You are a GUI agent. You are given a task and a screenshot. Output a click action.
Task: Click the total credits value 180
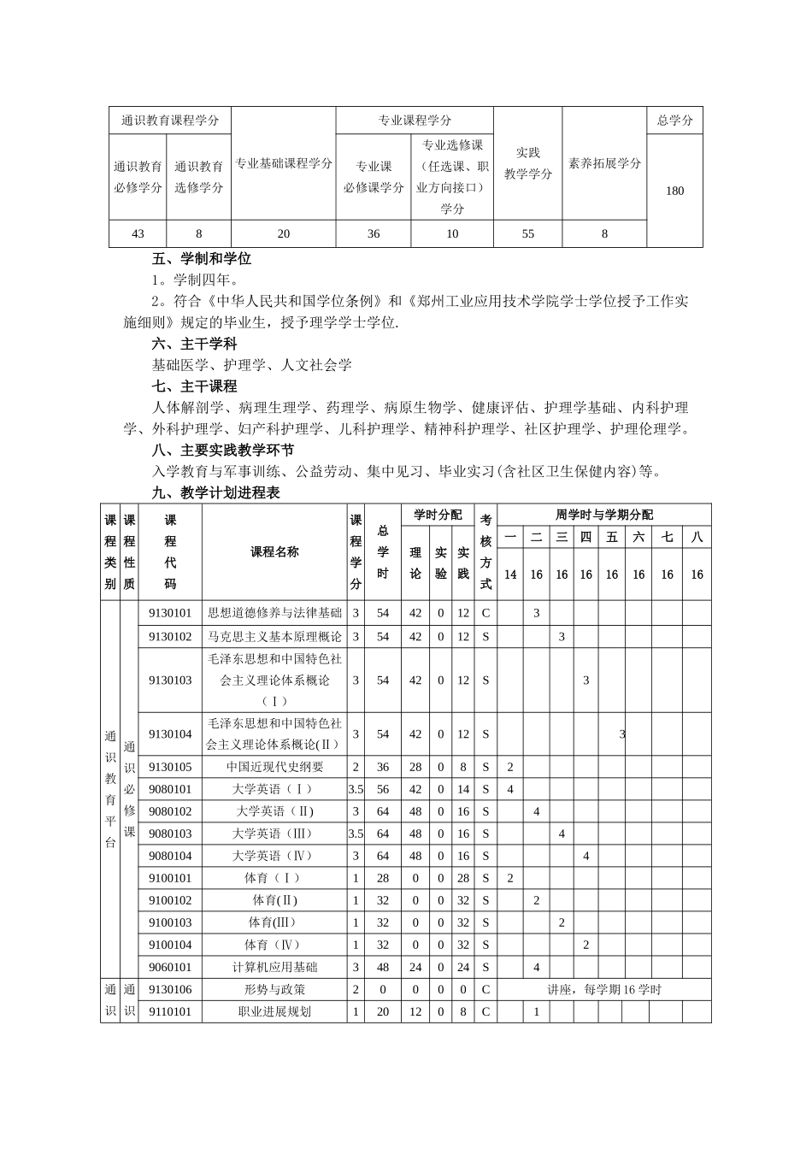pyautogui.click(x=674, y=191)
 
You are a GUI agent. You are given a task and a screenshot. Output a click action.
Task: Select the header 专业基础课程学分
pyautogui.click(x=284, y=163)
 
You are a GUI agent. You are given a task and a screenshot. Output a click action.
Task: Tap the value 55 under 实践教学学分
pyautogui.click(x=527, y=233)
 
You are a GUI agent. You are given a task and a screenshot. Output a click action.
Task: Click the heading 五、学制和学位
pyautogui.click(x=202, y=258)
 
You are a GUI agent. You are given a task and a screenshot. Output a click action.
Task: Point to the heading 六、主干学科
pyautogui.click(x=194, y=344)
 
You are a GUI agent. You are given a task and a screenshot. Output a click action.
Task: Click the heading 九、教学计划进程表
pyautogui.click(x=215, y=492)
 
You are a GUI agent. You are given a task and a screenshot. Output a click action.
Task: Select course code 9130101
pyautogui.click(x=170, y=613)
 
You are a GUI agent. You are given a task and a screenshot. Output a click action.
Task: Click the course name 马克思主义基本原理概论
pyautogui.click(x=274, y=636)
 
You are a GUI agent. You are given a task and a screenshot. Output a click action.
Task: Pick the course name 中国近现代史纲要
pyautogui.click(x=274, y=767)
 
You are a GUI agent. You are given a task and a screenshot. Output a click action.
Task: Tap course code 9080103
pyautogui.click(x=170, y=834)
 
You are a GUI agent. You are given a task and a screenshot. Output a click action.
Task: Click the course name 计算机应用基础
pyautogui.click(x=274, y=967)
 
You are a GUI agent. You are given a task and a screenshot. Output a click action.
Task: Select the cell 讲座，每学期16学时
pyautogui.click(x=604, y=989)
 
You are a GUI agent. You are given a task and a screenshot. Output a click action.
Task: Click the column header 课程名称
pyautogui.click(x=274, y=552)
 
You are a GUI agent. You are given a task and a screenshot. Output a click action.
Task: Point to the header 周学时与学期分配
pyautogui.click(x=603, y=515)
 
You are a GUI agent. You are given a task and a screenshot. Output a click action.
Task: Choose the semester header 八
pyautogui.click(x=697, y=537)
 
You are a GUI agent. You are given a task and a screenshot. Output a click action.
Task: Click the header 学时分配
pyautogui.click(x=438, y=515)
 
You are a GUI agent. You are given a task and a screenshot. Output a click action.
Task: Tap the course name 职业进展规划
pyautogui.click(x=274, y=1011)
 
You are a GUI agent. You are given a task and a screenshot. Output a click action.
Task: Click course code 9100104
pyautogui.click(x=170, y=945)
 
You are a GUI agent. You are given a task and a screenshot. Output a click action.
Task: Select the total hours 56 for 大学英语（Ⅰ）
pyautogui.click(x=383, y=789)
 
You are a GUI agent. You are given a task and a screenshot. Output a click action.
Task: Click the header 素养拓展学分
pyautogui.click(x=604, y=163)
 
